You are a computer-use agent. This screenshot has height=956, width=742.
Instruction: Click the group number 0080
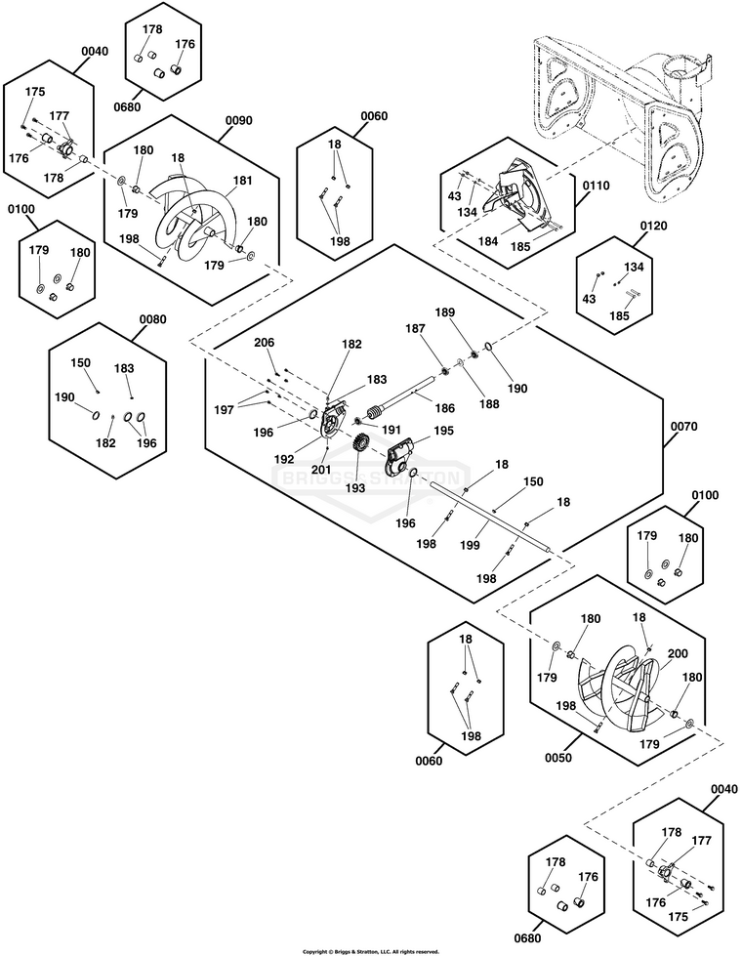click(152, 318)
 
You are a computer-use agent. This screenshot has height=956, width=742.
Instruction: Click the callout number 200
click(677, 653)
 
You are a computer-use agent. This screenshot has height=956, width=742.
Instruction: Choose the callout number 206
click(264, 343)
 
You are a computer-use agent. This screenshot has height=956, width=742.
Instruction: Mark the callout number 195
click(443, 431)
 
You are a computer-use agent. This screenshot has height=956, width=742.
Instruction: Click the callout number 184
click(488, 242)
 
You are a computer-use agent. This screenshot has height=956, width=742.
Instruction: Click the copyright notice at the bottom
click(370, 951)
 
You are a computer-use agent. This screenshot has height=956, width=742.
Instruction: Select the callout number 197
click(225, 410)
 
